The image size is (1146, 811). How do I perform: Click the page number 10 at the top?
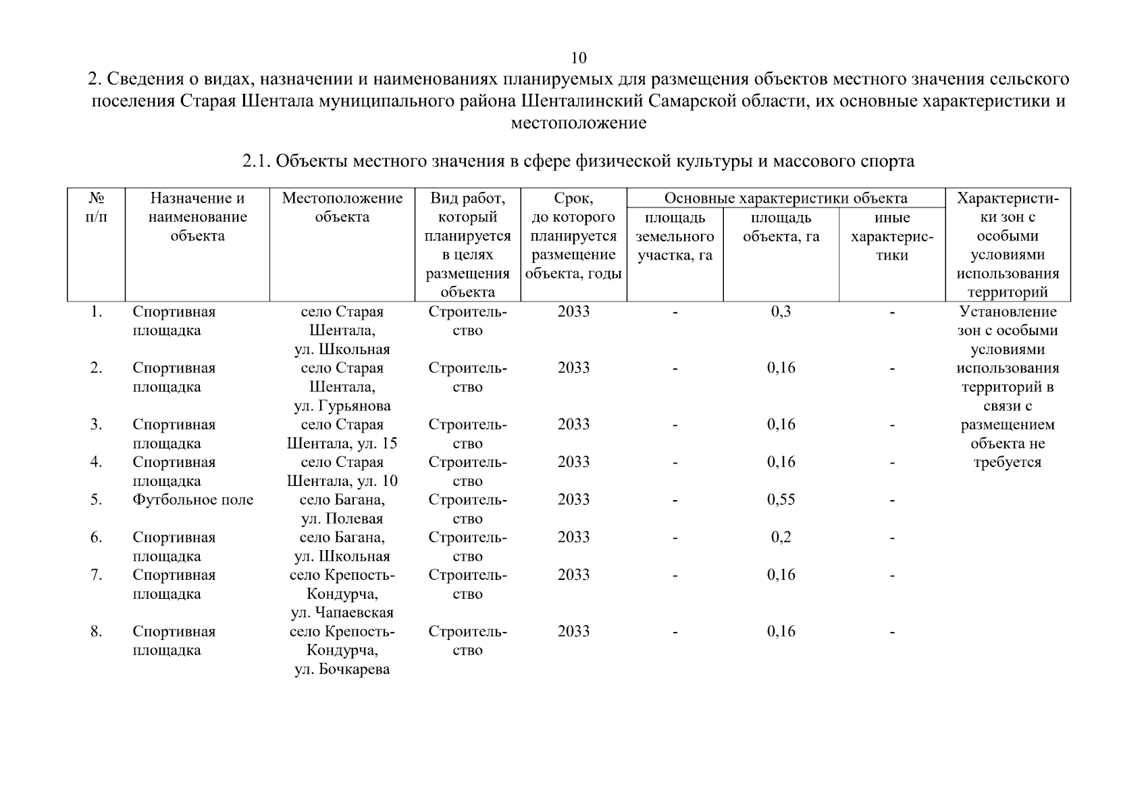579,57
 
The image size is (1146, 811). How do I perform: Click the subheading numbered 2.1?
578,161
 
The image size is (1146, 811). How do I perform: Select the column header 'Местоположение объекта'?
342,207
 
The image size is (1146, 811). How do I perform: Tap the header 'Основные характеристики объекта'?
785,198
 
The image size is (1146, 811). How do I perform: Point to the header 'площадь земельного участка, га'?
675,237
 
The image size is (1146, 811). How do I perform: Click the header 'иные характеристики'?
891,237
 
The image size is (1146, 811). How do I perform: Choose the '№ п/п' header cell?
97,207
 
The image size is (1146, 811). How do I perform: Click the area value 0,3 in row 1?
781,312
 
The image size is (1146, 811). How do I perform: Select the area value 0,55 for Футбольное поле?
781,499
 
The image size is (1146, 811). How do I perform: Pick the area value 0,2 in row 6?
781,537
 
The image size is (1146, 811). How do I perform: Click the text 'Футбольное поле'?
193,499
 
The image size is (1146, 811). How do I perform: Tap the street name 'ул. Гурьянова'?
342,406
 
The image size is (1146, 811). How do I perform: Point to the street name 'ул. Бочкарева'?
342,670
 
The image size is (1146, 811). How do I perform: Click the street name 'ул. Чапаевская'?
342,613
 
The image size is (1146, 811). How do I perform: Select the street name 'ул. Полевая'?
342,518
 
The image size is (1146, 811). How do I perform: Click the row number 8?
97,631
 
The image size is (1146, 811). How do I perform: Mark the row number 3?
97,424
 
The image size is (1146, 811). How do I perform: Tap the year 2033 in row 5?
573,499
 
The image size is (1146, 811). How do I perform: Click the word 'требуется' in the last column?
1007,462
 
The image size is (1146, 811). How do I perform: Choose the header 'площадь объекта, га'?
781,227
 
